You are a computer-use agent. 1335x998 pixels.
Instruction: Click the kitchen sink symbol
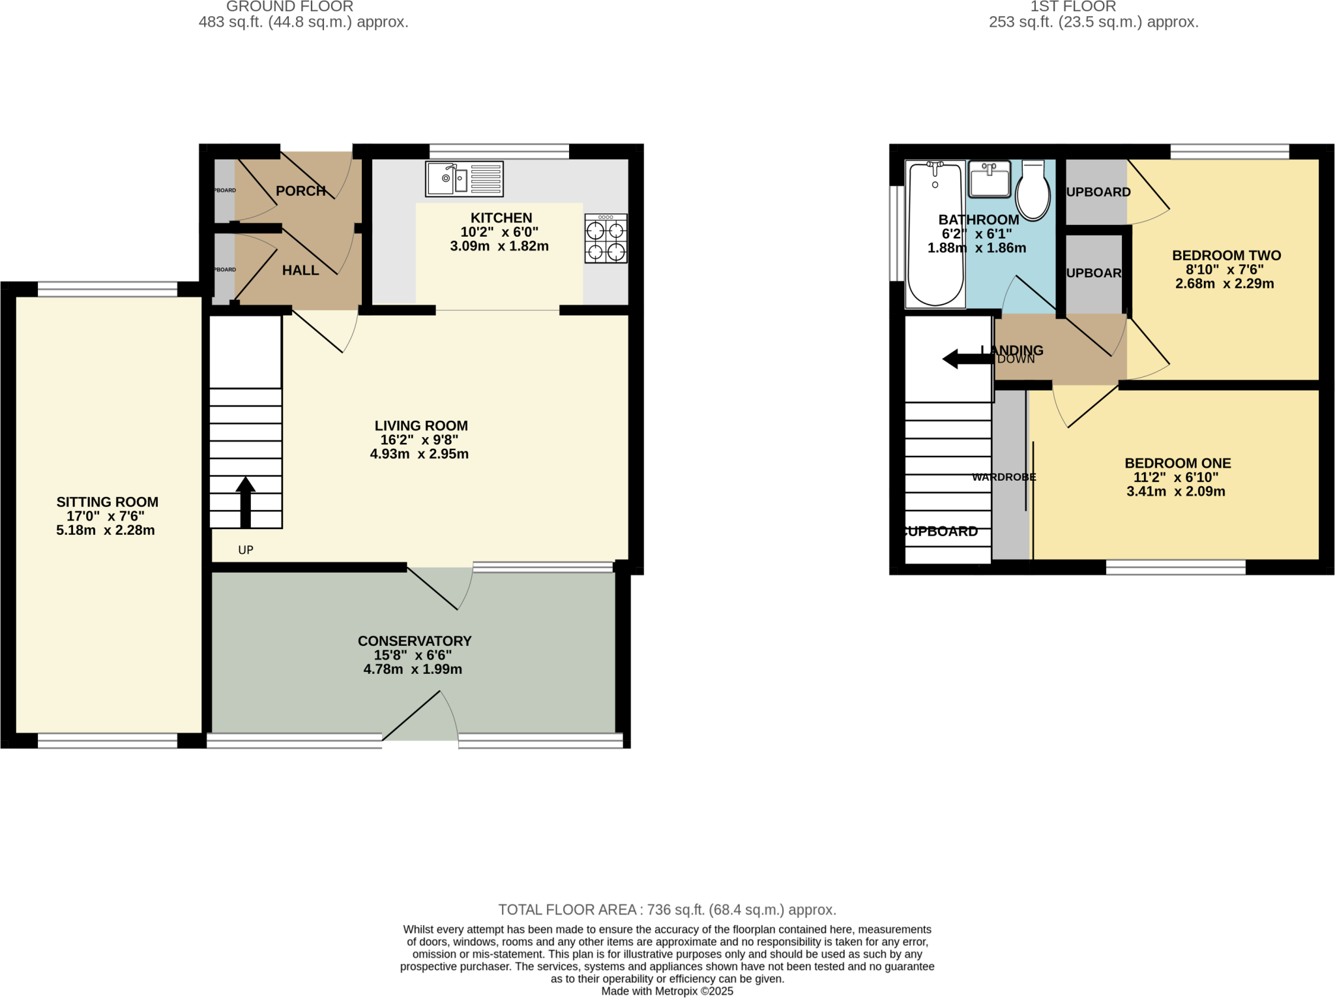(464, 179)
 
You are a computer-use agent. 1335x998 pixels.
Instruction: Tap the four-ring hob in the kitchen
(606, 239)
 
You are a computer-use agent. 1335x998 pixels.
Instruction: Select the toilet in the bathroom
(1033, 191)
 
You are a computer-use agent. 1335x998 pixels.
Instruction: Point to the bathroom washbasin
(989, 179)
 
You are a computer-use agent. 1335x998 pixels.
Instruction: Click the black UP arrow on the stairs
(245, 502)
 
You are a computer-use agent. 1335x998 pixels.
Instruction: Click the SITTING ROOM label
(108, 502)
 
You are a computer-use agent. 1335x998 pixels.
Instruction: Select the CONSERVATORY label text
(415, 641)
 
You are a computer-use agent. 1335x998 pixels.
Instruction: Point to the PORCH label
(301, 190)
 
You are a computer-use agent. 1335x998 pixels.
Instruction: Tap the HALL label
(301, 270)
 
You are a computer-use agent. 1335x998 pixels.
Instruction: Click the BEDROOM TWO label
(1226, 255)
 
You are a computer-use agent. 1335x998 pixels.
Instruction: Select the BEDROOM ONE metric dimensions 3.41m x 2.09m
(1176, 491)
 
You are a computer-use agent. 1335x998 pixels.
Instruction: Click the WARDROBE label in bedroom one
(1004, 477)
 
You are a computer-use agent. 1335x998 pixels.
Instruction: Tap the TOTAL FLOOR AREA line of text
(667, 909)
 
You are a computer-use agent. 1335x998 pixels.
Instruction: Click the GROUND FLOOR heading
(289, 7)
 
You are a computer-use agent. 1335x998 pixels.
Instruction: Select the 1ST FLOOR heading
(1073, 7)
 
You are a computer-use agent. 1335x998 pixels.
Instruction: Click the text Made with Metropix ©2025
(667, 991)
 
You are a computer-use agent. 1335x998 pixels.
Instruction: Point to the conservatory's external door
(420, 718)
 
